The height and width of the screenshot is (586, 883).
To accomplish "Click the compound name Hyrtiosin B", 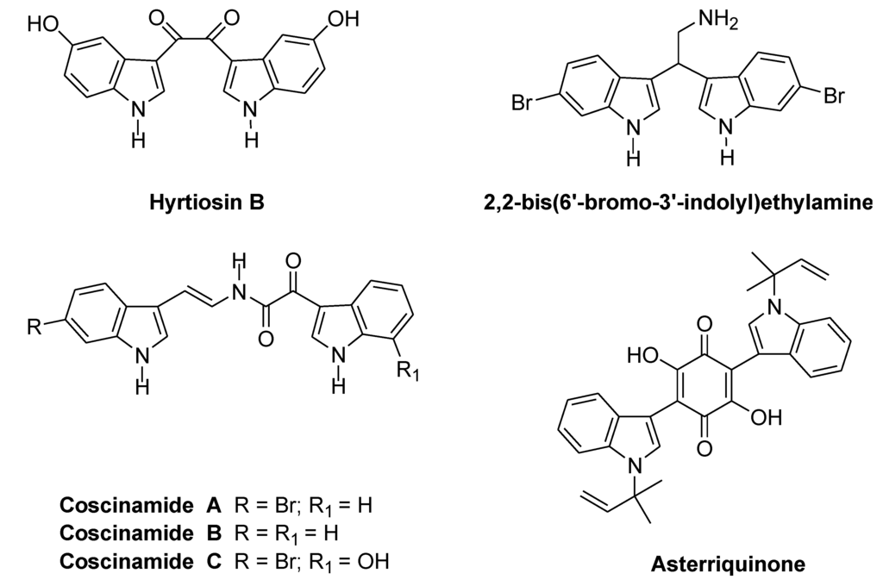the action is point(196,203).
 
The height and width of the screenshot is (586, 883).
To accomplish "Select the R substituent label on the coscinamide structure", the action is point(34,327).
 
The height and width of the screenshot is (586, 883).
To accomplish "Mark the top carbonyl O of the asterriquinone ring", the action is point(705,325).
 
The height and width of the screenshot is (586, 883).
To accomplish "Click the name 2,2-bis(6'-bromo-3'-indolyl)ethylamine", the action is point(679,203).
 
